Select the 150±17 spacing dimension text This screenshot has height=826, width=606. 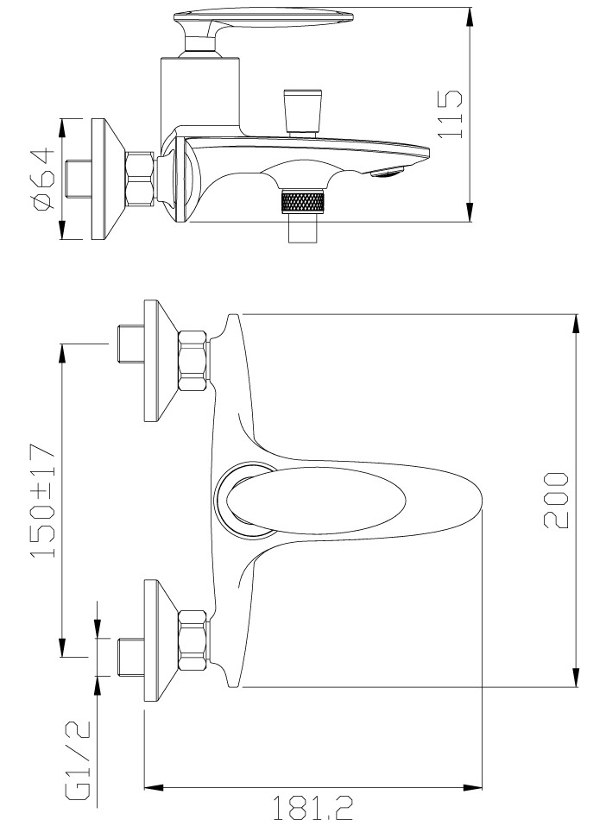42,501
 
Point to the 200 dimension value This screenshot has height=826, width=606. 556,501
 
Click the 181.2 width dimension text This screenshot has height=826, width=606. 312,809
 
